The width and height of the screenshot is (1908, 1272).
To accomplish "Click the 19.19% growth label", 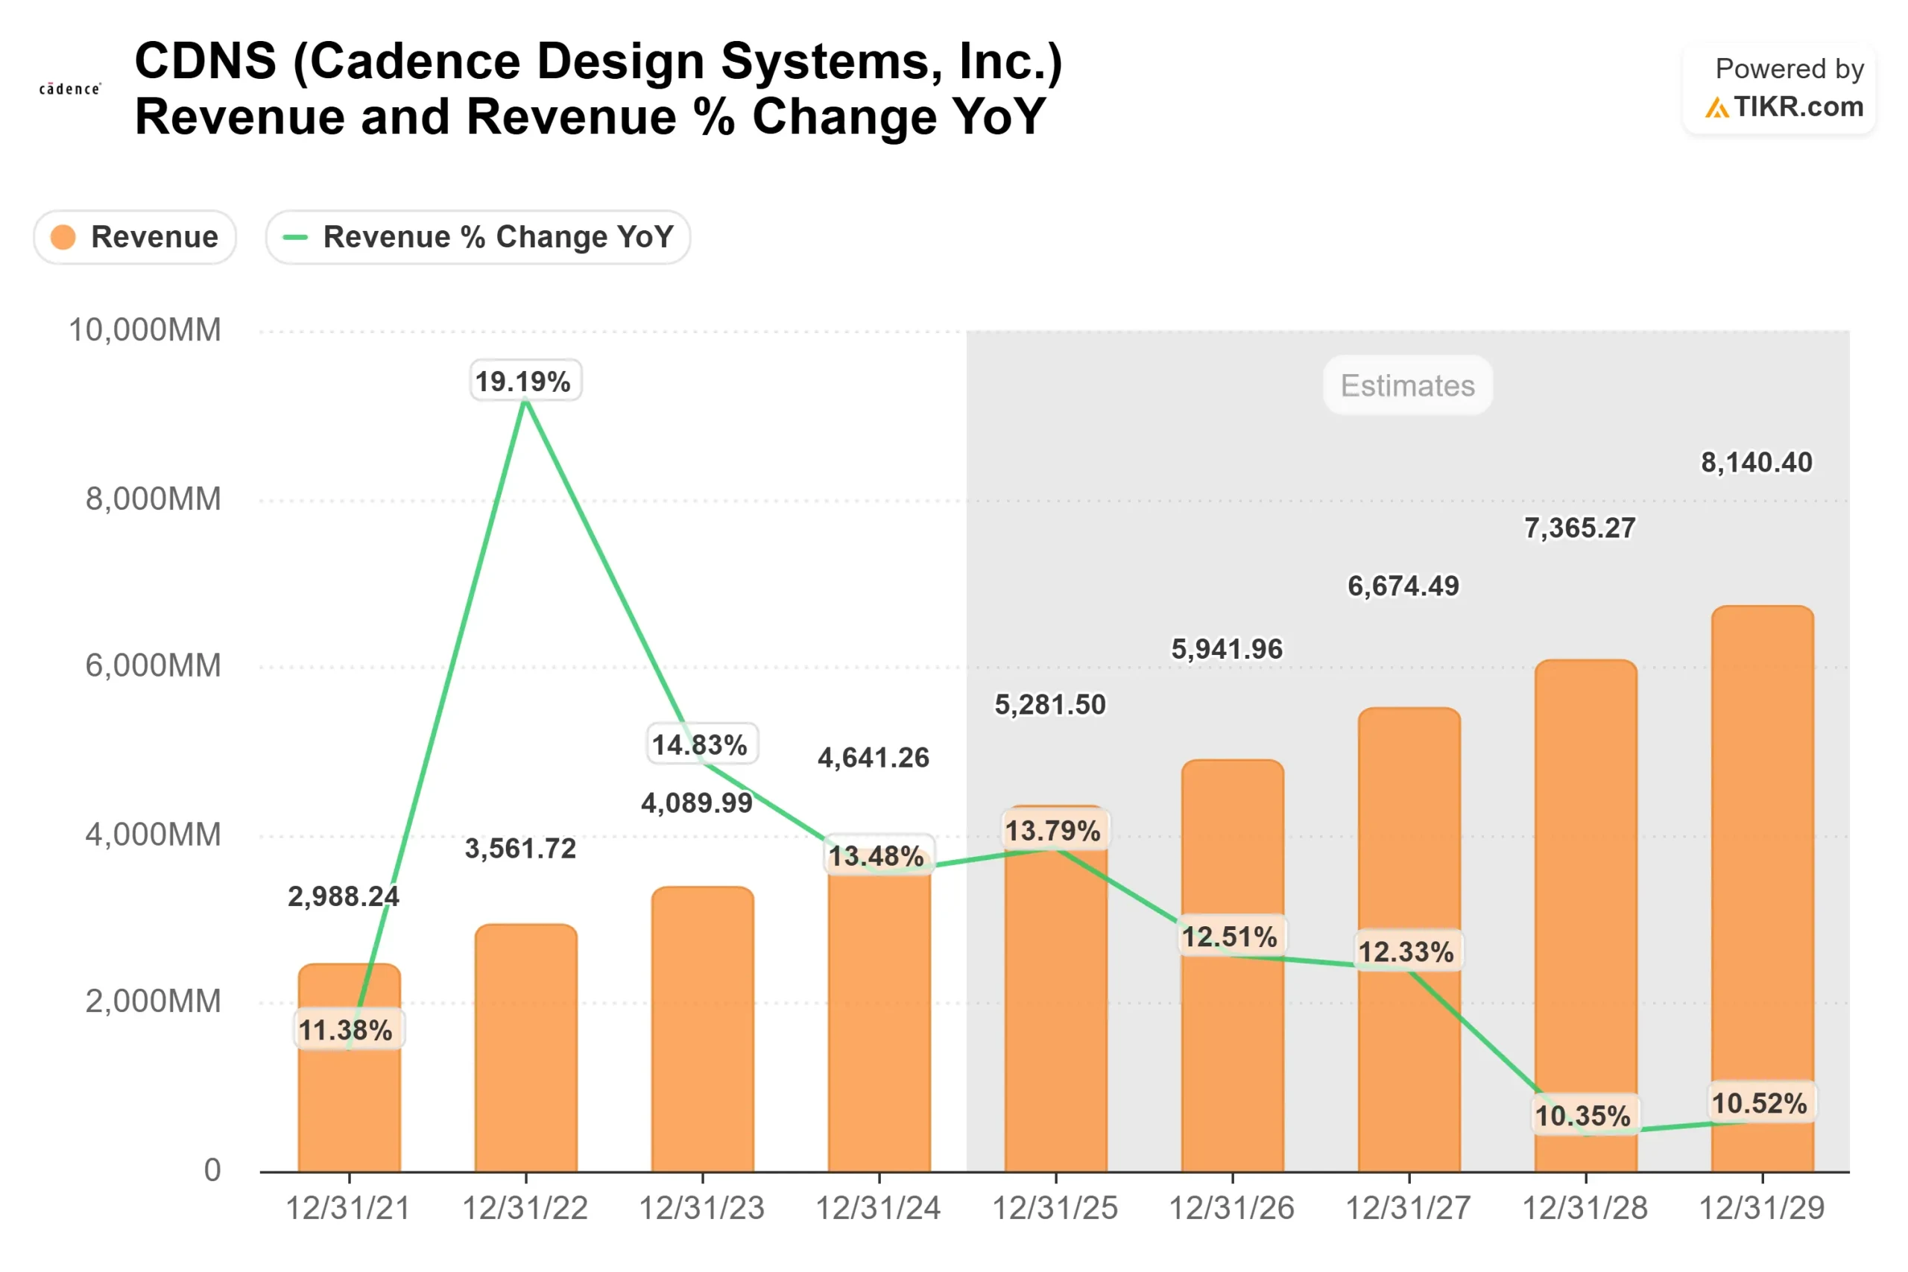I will click(525, 381).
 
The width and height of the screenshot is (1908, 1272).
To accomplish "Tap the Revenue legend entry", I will click(136, 237).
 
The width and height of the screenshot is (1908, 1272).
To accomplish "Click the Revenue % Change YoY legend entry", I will click(478, 237).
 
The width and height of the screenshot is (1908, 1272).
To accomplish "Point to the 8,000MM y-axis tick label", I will click(153, 499).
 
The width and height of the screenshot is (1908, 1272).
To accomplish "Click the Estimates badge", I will click(1407, 385).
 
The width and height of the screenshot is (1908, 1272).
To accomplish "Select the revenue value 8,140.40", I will click(1756, 463).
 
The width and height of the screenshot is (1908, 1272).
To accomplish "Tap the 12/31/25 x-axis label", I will click(1055, 1208).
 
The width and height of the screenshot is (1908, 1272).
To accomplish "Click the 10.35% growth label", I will click(1583, 1116).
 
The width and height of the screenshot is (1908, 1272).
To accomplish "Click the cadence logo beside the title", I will click(71, 89).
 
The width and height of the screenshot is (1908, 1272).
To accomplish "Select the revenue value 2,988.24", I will click(343, 896).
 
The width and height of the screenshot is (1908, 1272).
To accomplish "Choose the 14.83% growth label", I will click(701, 744).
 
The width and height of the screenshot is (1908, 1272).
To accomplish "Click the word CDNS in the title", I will click(205, 61).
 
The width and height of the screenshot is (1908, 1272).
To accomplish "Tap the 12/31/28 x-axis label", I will click(1585, 1208).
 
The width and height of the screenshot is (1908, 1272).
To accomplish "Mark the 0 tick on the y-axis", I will click(212, 1170).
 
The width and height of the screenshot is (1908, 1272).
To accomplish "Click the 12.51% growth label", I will click(1230, 937).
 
